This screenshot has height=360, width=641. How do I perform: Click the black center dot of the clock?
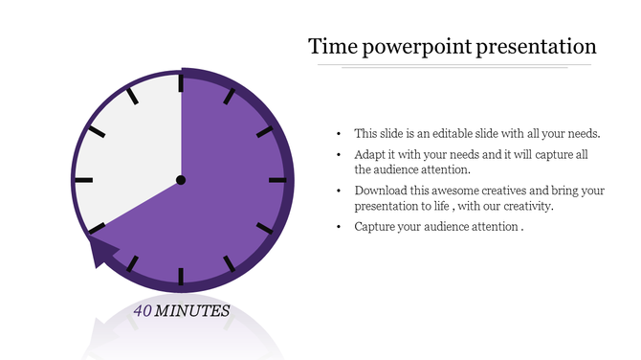[181, 180]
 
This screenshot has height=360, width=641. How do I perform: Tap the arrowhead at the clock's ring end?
[102, 253]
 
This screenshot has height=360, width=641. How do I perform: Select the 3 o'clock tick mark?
[277, 180]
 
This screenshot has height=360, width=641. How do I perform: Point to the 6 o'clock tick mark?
[181, 275]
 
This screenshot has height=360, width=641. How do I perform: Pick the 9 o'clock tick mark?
[83, 180]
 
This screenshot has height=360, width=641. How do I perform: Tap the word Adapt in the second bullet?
[370, 155]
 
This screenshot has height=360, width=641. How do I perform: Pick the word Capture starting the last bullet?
[375, 227]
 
